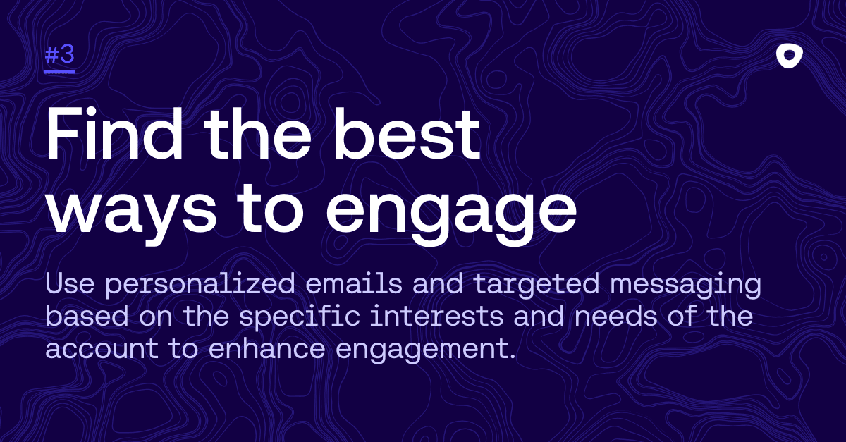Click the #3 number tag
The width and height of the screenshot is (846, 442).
click(x=60, y=55)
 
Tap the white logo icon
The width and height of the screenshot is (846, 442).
click(x=790, y=57)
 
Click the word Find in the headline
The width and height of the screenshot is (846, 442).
click(x=114, y=134)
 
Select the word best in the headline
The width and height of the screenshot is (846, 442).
click(x=407, y=134)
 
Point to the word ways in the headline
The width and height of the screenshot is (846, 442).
click(x=132, y=213)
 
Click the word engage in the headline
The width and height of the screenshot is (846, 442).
click(x=451, y=213)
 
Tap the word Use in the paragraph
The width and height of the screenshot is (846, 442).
click(x=70, y=283)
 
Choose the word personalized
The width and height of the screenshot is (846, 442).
click(x=200, y=286)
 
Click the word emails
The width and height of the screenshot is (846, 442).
click(x=354, y=283)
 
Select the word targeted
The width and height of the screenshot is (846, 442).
click(x=537, y=286)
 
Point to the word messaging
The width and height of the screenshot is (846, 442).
click(x=685, y=286)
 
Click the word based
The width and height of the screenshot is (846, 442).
click(x=87, y=316)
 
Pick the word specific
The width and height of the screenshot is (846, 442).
click(x=300, y=318)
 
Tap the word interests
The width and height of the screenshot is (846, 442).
click(x=436, y=316)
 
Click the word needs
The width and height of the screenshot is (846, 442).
click(x=616, y=316)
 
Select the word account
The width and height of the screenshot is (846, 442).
click(x=102, y=348)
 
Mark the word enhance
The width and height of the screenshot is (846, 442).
click(x=266, y=348)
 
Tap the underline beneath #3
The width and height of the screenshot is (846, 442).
click(x=60, y=71)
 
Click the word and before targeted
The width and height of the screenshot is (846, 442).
click(x=438, y=283)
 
